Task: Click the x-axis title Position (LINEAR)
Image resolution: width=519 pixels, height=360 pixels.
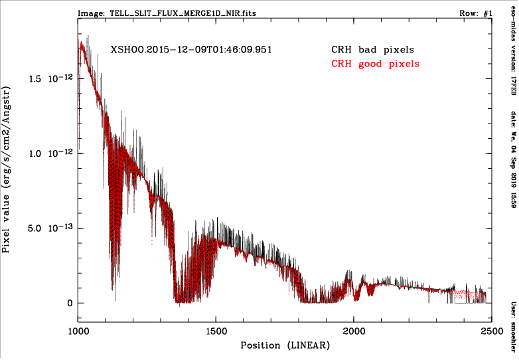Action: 285,345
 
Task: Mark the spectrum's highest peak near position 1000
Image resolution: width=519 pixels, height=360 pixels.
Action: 81,43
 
